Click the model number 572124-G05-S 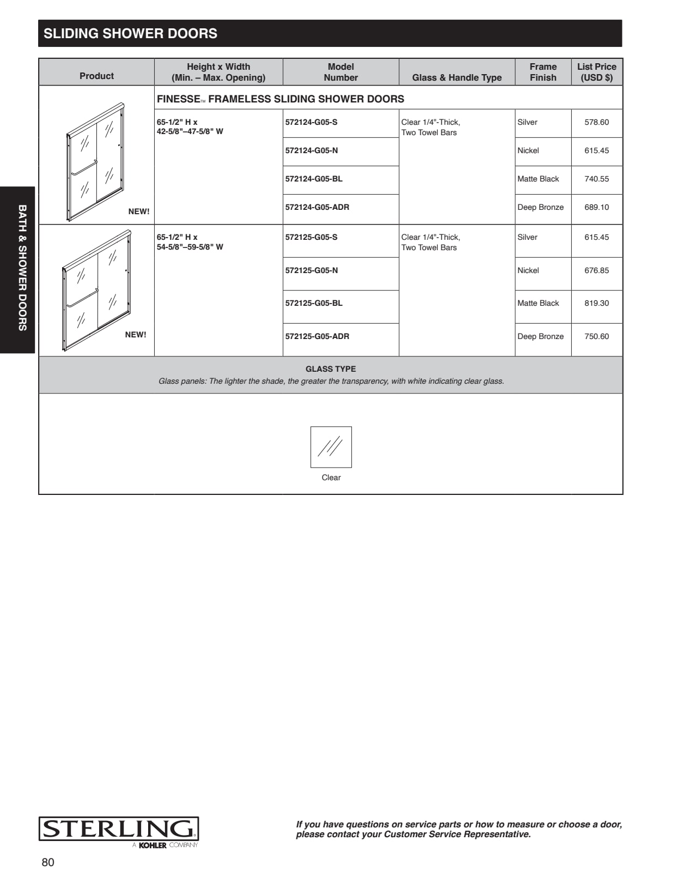click(x=311, y=122)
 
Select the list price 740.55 click(x=596, y=179)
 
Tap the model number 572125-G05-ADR click(x=317, y=336)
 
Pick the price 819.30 click(x=596, y=303)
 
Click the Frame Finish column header click(x=543, y=72)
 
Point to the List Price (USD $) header click(x=596, y=72)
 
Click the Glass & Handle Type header click(x=457, y=77)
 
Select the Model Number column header click(x=340, y=72)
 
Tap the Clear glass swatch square click(x=331, y=447)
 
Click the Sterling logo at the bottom click(x=119, y=830)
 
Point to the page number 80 click(x=48, y=862)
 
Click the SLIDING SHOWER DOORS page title click(x=130, y=33)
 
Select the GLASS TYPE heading click(x=331, y=369)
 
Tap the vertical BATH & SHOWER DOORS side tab click(x=22, y=268)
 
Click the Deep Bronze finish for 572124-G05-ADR click(x=540, y=207)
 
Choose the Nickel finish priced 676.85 click(x=528, y=270)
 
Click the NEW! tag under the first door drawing click(x=139, y=211)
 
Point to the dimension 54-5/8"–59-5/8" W click(x=190, y=247)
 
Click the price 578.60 click(x=596, y=122)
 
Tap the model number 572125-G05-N click(x=312, y=270)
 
